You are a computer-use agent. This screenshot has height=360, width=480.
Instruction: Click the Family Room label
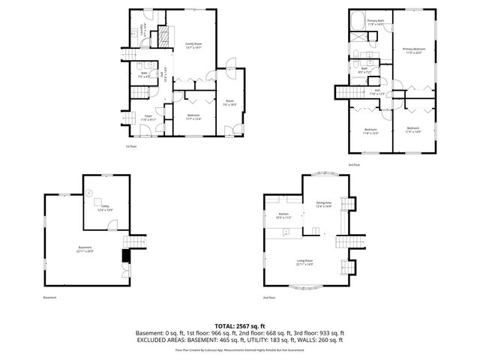(x=194, y=45)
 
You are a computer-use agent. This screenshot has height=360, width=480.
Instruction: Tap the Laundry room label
(x=142, y=31)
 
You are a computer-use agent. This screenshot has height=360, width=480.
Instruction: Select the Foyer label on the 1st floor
(x=148, y=116)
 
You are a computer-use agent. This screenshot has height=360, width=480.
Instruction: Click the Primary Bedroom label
(x=415, y=50)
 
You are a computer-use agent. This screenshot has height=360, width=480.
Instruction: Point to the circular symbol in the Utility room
(x=89, y=193)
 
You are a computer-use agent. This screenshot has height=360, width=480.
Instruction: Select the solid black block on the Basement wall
(x=125, y=256)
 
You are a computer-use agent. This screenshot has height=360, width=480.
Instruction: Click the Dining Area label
(x=324, y=204)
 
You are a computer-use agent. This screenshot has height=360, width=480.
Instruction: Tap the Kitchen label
(x=283, y=215)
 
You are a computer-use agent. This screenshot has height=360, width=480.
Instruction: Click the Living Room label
(x=304, y=261)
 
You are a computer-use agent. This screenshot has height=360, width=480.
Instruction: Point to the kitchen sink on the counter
(x=286, y=233)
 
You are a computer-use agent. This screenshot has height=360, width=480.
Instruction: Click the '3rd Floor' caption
(x=354, y=164)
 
